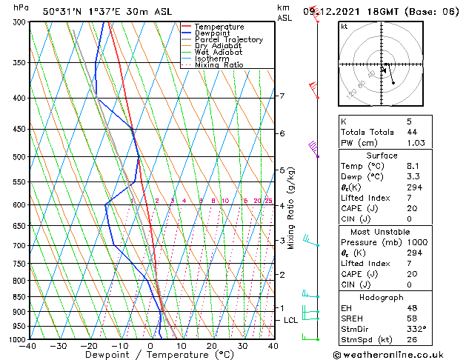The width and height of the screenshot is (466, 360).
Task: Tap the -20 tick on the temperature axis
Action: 90,346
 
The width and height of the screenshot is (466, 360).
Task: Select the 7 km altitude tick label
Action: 282,96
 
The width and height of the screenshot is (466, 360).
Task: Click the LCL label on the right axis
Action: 291,320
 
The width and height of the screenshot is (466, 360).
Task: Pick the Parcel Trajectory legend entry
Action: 228,39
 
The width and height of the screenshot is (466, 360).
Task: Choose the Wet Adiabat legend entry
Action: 220,53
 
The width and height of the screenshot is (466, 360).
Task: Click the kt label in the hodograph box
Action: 344,27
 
